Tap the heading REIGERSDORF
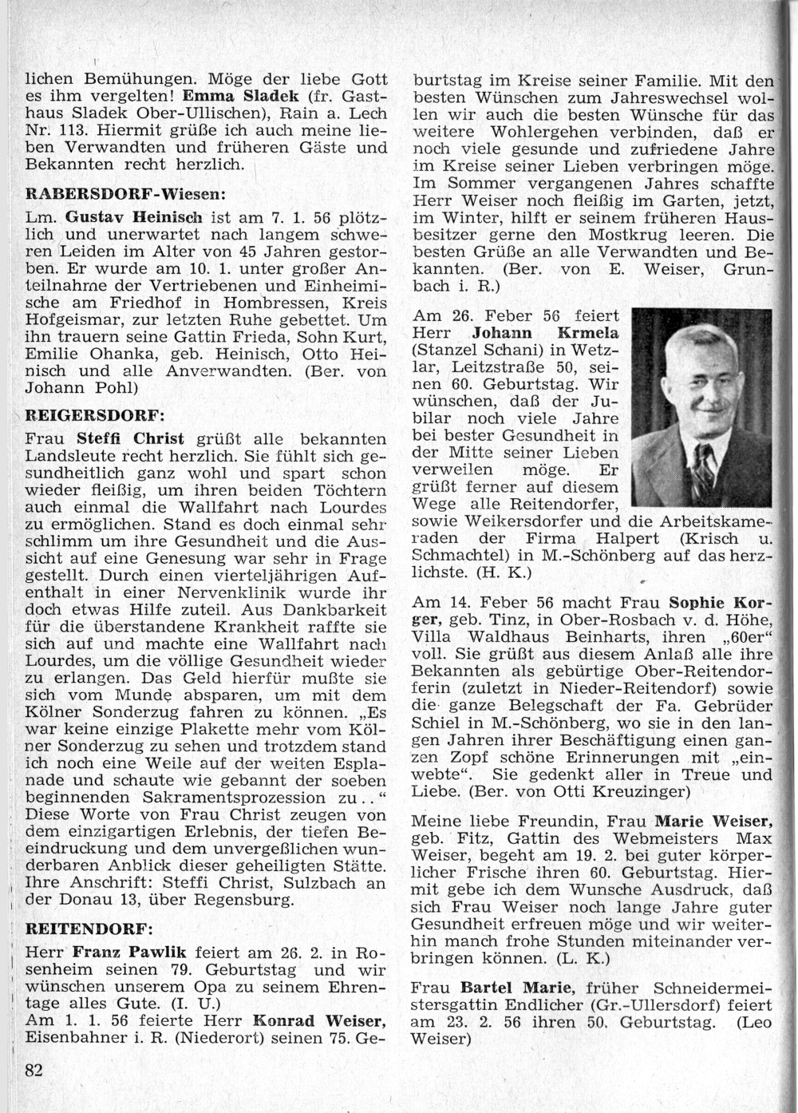[95, 415]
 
